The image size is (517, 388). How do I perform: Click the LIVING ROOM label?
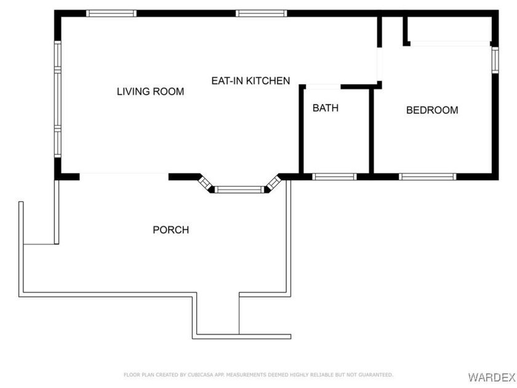(150, 91)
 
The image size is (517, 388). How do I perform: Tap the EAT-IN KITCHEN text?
(250, 81)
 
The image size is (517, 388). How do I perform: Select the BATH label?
(326, 108)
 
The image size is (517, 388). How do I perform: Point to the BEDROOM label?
(432, 110)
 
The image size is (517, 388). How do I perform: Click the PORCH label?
(171, 230)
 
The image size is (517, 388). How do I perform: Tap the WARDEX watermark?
(492, 377)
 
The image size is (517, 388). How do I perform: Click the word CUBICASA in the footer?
(201, 375)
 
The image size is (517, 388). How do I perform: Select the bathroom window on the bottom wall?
(334, 177)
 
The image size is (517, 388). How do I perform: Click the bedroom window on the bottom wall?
(428, 177)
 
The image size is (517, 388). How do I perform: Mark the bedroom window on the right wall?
(495, 60)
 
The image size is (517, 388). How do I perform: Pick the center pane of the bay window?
(239, 190)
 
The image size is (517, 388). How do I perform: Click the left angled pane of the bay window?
(205, 183)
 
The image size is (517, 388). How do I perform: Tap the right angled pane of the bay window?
(273, 183)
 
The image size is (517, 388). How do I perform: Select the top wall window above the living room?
(111, 14)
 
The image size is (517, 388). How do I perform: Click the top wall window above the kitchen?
(261, 14)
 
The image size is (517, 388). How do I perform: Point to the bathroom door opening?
(323, 87)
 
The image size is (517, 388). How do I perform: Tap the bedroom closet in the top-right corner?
(450, 29)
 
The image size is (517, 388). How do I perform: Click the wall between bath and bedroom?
(371, 131)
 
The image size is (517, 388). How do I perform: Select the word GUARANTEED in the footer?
(375, 375)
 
